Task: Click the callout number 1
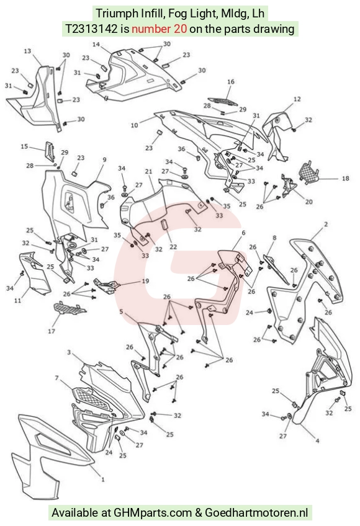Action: pyautogui.click(x=103, y=479)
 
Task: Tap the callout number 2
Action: pyautogui.click(x=326, y=224)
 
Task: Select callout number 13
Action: pyautogui.click(x=27, y=51)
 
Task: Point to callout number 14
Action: pyautogui.click(x=96, y=44)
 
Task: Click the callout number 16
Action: pyautogui.click(x=230, y=81)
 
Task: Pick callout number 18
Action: pyautogui.click(x=345, y=178)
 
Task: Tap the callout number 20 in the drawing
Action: pyautogui.click(x=308, y=202)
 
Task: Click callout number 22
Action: pyautogui.click(x=173, y=247)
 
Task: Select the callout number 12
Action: pyautogui.click(x=297, y=99)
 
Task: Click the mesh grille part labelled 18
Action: pyautogui.click(x=308, y=171)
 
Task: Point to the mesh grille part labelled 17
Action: pyautogui.click(x=69, y=308)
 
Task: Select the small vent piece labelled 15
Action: pyautogui.click(x=50, y=151)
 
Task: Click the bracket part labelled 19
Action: pyautogui.click(x=107, y=286)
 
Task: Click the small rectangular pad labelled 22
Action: pyautogui.click(x=164, y=225)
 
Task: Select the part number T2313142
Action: pyautogui.click(x=91, y=29)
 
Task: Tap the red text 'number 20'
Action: pyautogui.click(x=159, y=29)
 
